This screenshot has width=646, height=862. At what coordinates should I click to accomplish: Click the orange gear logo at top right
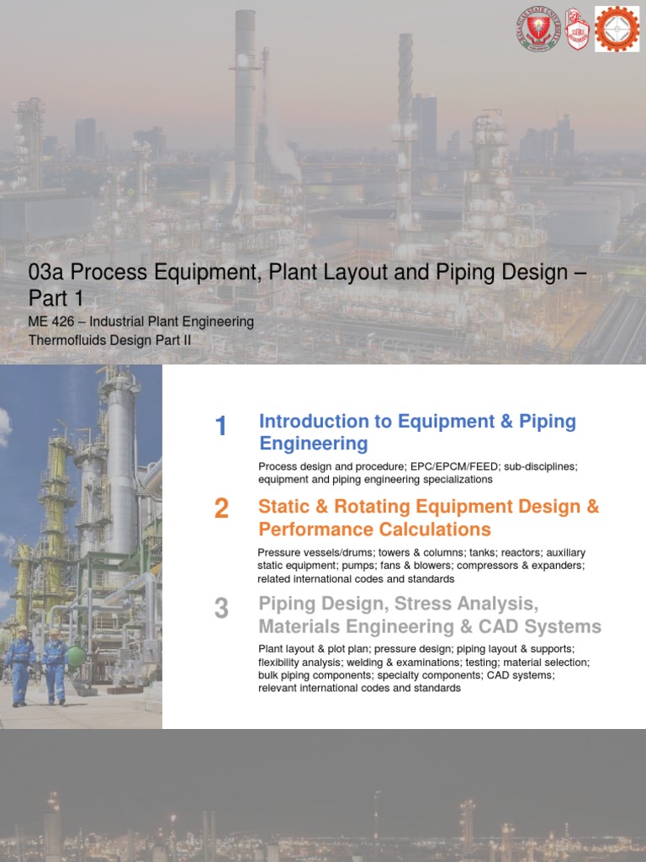(617, 29)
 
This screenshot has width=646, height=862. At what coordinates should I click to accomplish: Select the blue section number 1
(221, 427)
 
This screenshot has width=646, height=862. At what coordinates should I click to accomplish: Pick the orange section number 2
(221, 508)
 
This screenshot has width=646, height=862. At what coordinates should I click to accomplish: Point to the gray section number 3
(221, 608)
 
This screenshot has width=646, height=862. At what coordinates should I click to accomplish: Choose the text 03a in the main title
(46, 273)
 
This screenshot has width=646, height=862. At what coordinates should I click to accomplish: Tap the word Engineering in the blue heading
(314, 444)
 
